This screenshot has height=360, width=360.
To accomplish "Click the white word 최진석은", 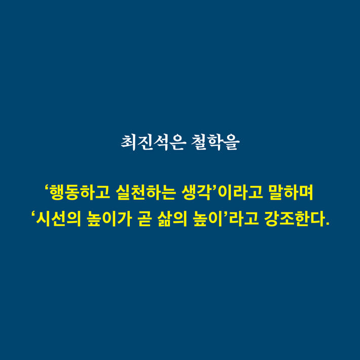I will pos(151,142).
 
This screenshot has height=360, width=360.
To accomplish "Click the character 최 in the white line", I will pos(128,142).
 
